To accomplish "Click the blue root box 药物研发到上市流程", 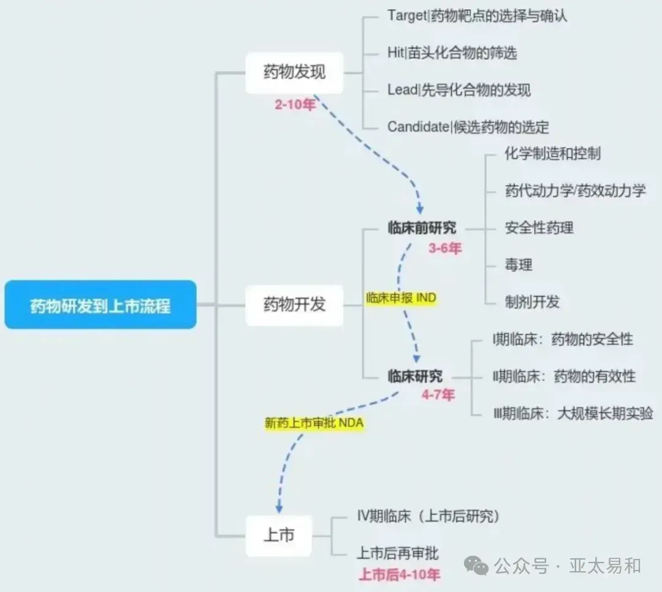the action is coord(101,305).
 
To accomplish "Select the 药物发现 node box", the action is coord(294,73).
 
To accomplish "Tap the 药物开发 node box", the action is coord(294,304).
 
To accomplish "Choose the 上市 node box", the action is coord(279,535).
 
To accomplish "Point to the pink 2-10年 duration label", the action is coord(295,105).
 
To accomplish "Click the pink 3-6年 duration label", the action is coord(445,248).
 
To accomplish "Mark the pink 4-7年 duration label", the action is coord(438,395).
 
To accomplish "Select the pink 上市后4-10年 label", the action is coord(399,575).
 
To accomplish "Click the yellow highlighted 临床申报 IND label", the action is coord(400,298).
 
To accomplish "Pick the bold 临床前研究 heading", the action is coord(422,228).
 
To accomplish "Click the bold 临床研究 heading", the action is coord(415,376).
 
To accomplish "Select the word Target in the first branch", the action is coord(406,16).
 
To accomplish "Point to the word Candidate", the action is coord(417,127).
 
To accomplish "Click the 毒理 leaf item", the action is coord(518,265).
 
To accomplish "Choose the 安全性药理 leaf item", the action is coord(539,228).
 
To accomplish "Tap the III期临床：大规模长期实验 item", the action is coord(573,413).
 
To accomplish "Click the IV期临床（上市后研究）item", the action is coord(428,517).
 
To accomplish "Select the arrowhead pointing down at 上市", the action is coord(279,508).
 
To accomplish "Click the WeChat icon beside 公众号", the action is coord(476,566).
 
